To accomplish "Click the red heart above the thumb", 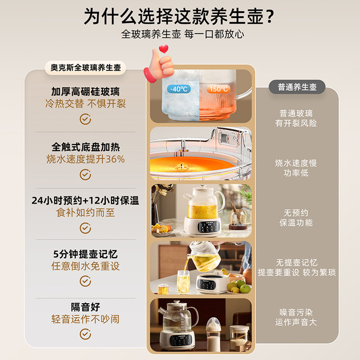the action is pyautogui.click(x=164, y=49).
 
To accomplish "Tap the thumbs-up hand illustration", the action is pyautogui.click(x=159, y=66).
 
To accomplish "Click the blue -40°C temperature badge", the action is pyautogui.click(x=179, y=89).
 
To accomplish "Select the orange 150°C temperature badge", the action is pyautogui.click(x=218, y=89).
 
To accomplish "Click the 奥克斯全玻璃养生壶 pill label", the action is pyautogui.click(x=85, y=67).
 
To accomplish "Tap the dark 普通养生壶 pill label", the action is pyautogui.click(x=297, y=87).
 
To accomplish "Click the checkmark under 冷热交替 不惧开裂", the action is pyautogui.click(x=85, y=119).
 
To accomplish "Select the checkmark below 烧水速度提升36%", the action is pyautogui.click(x=85, y=174).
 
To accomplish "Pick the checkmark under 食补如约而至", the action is pyautogui.click(x=85, y=228).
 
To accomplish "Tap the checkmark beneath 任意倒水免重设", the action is pyautogui.click(x=85, y=281).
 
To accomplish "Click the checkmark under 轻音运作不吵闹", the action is pyautogui.click(x=85, y=334).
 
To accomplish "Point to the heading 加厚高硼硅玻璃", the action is pyautogui.click(x=85, y=92).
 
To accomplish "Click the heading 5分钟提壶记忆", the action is pyautogui.click(x=85, y=254).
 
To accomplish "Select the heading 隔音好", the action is pyautogui.click(x=85, y=307).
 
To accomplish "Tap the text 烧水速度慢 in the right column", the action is pyautogui.click(x=296, y=163).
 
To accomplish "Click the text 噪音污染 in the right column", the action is pyautogui.click(x=296, y=312).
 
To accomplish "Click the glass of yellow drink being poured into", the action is pyautogui.click(x=183, y=282).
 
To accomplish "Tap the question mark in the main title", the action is pyautogui.click(x=271, y=16).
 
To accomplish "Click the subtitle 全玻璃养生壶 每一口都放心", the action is pyautogui.click(x=183, y=34).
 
